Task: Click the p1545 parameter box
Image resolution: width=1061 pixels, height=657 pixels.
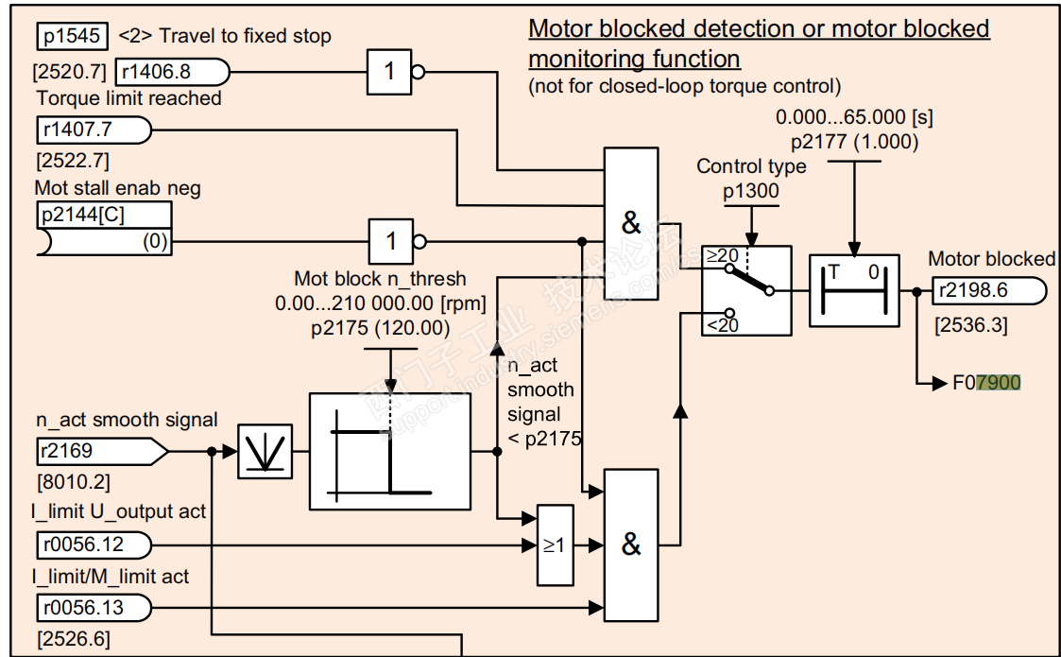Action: click(x=74, y=36)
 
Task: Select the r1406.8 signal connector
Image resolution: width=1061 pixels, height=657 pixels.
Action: click(x=171, y=71)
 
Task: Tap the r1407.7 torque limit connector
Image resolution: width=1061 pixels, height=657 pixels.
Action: click(x=93, y=129)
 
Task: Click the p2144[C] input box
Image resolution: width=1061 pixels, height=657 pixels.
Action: click(x=104, y=228)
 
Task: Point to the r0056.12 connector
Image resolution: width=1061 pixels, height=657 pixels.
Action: click(x=93, y=545)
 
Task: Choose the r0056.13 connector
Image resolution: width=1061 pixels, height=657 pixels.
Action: click(x=93, y=607)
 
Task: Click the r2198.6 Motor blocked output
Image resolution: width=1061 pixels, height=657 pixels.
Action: click(x=987, y=290)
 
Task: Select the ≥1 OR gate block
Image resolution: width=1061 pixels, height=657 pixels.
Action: click(x=553, y=545)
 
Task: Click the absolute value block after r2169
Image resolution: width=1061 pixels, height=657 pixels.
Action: click(x=265, y=452)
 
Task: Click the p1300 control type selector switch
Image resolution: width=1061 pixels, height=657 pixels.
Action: click(x=745, y=290)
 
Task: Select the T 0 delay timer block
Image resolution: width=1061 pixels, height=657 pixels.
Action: click(x=854, y=290)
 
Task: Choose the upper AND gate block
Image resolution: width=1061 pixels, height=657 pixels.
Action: click(x=631, y=224)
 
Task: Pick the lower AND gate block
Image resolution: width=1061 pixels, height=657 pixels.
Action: click(x=631, y=545)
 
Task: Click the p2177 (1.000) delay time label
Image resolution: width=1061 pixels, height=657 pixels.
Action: click(x=854, y=143)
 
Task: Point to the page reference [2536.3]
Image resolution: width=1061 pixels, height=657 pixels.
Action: click(x=970, y=326)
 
